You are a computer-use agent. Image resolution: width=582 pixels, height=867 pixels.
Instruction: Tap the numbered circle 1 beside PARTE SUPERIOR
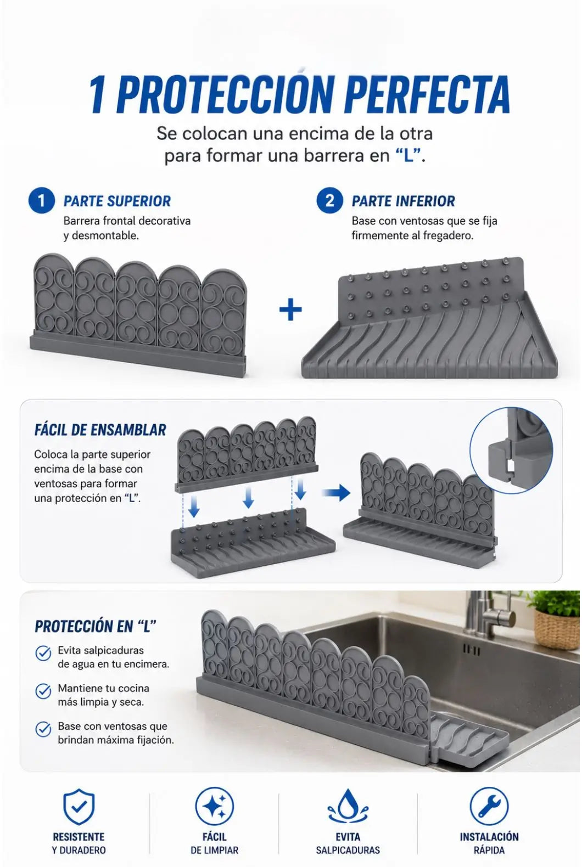(x=42, y=200)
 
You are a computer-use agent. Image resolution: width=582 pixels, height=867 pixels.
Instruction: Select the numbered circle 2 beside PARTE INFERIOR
(x=329, y=200)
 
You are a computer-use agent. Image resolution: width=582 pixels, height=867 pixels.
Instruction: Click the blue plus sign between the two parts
(x=290, y=309)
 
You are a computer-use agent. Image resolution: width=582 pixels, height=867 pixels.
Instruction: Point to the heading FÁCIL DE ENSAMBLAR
(x=100, y=430)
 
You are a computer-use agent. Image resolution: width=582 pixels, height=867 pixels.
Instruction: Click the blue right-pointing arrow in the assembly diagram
(x=336, y=493)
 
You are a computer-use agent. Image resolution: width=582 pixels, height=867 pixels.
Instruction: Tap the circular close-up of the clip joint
(x=511, y=451)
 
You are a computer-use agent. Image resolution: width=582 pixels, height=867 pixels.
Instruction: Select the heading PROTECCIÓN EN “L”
(x=96, y=626)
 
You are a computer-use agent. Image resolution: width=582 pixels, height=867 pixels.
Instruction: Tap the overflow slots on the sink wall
(x=471, y=651)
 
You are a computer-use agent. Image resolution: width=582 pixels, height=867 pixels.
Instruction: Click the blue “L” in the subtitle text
(x=408, y=156)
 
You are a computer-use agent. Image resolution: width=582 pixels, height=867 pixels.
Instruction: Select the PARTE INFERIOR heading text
(x=403, y=201)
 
